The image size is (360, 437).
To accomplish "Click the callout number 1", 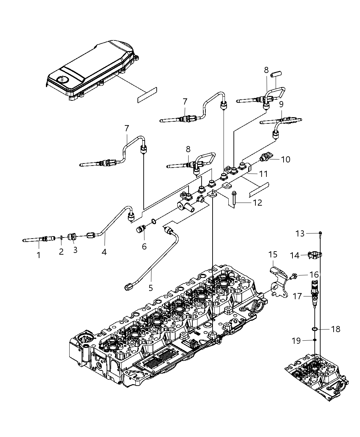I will point(38,255).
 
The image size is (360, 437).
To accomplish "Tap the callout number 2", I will point(61,252).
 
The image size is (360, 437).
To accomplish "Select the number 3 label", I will point(75,250).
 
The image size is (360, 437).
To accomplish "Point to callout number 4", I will point(104,252).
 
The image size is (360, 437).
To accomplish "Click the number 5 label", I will point(151,288).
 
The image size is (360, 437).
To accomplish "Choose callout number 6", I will point(144,246).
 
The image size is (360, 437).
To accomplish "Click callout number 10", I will point(285,159).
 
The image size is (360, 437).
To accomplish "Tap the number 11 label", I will point(263,174).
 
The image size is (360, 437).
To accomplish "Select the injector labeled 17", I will point(315,291).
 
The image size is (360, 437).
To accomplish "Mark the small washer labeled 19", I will point(314,340).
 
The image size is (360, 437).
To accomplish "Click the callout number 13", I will point(300,233).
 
